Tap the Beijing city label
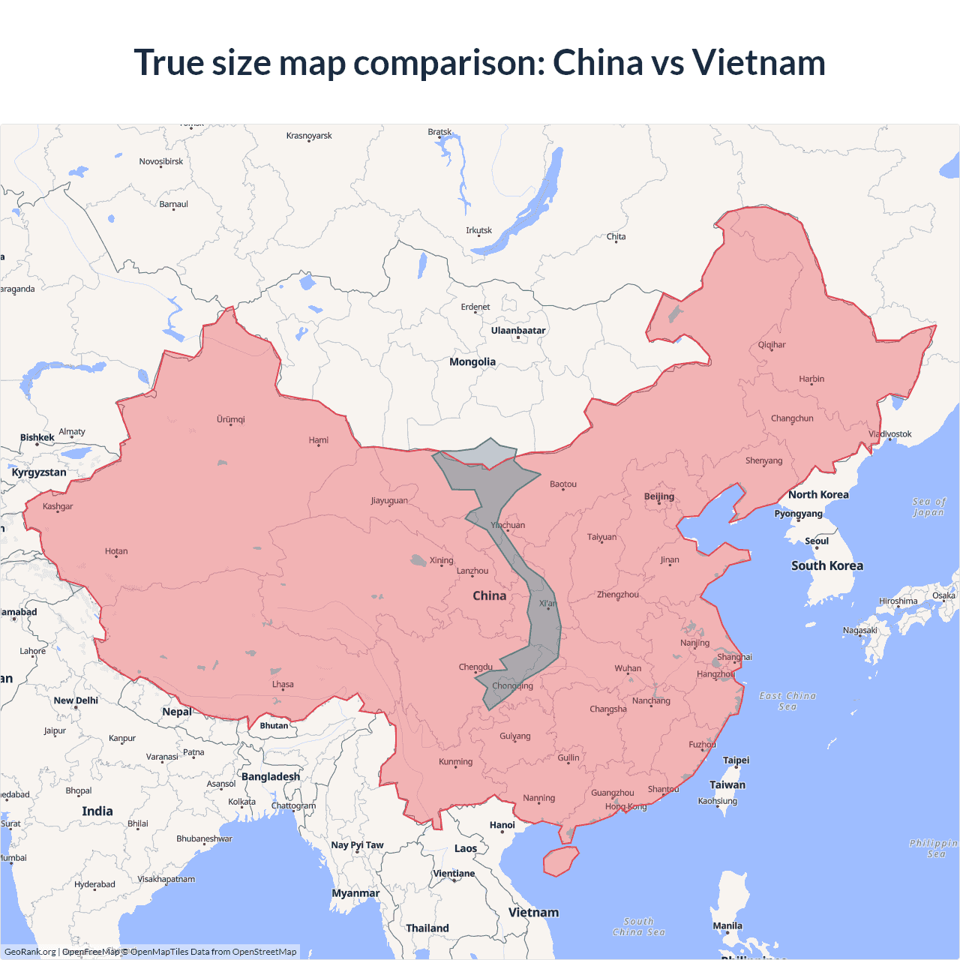659,496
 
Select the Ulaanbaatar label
518,331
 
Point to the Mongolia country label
472,362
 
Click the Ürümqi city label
231,419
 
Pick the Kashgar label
58,506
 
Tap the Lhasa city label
283,684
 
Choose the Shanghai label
734,657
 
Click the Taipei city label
736,760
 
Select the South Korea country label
827,566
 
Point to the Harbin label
811,379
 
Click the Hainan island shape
560,861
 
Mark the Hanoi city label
502,825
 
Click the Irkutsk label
478,230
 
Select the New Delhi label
76,700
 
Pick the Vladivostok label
890,434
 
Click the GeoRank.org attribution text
30,952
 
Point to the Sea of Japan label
929,507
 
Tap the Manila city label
727,925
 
